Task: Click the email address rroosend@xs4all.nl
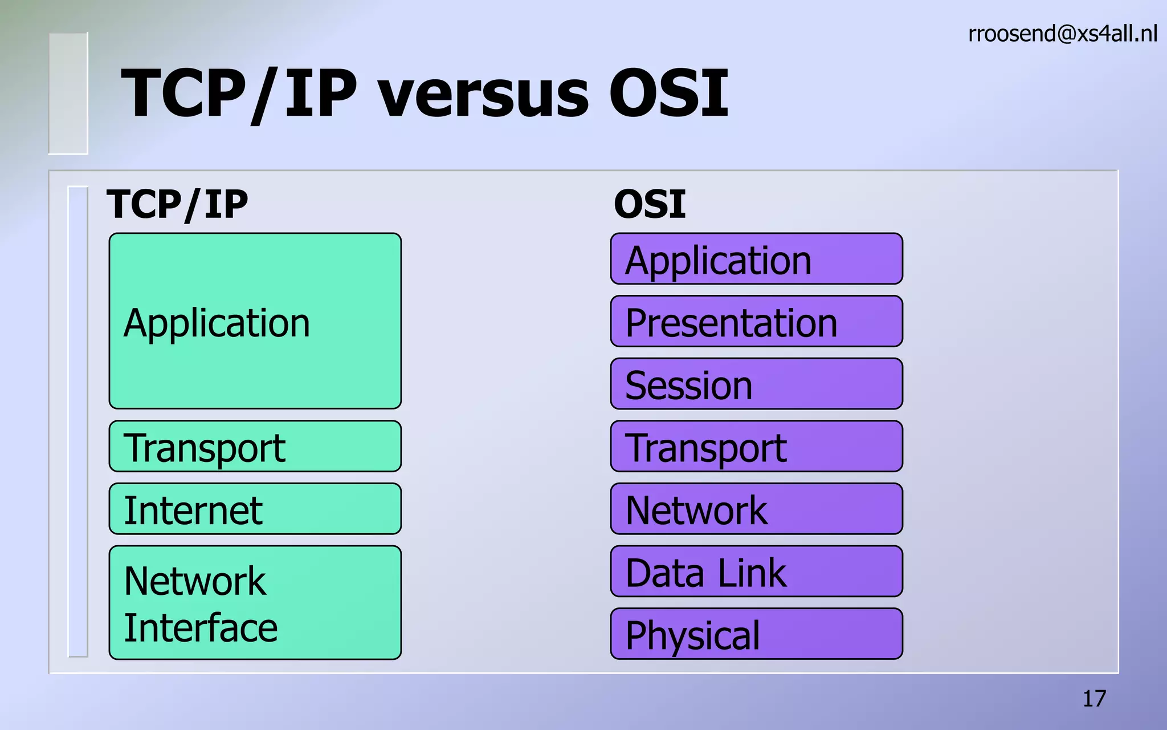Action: [x=1062, y=34]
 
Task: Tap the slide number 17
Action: [x=1094, y=699]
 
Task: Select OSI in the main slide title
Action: [x=668, y=93]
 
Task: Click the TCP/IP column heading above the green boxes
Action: [x=177, y=204]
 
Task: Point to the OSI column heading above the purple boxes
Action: [x=650, y=204]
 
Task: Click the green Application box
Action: [x=255, y=321]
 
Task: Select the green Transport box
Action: [x=255, y=447]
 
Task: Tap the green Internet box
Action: [x=255, y=509]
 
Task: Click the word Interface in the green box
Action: [x=201, y=628]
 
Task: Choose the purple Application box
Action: [x=756, y=259]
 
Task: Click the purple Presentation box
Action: [x=756, y=322]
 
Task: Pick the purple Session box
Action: [x=756, y=384]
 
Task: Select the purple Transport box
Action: [x=756, y=447]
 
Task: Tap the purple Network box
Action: [x=756, y=509]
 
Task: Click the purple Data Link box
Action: [x=756, y=571]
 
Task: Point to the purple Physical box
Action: [x=756, y=634]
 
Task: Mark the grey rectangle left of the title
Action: [x=68, y=94]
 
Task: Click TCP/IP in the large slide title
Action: [x=239, y=93]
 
